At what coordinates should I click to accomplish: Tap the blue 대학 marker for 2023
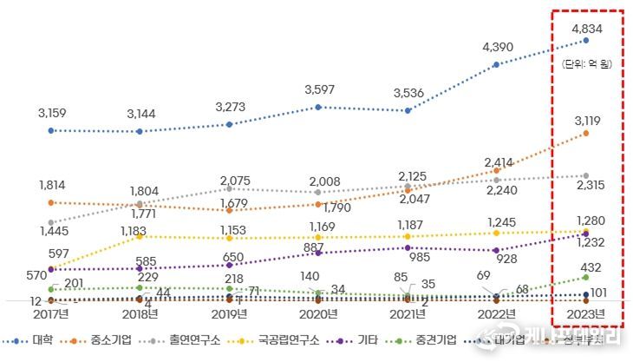click(587, 40)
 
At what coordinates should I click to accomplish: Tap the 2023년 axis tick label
click(587, 313)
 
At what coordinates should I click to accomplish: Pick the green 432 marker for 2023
click(587, 277)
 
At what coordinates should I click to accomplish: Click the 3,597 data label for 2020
click(320, 89)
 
